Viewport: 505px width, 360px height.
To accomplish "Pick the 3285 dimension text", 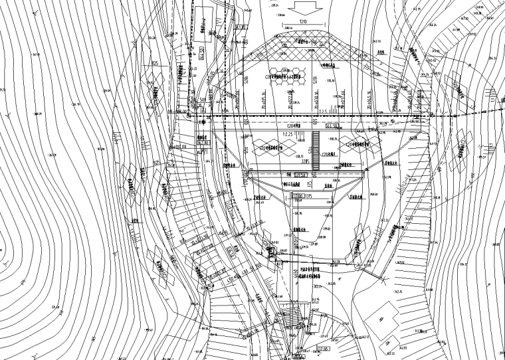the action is (x=306, y=160).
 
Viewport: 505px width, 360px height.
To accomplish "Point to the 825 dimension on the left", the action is (x=155, y=64).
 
